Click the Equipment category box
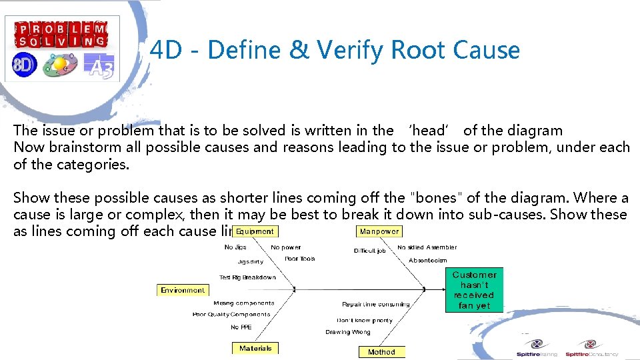(255, 231)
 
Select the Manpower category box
(379, 231)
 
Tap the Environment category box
(183, 290)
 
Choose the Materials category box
(255, 348)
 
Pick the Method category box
(381, 352)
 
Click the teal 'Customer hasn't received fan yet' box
(474, 290)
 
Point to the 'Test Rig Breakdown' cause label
(247, 277)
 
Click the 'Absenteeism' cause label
(428, 260)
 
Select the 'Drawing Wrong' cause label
(347, 332)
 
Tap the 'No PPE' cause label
(241, 327)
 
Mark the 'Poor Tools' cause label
(299, 259)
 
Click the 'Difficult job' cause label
(369, 251)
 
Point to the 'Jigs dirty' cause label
(250, 261)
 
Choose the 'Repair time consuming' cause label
(376, 304)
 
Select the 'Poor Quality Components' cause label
(231, 315)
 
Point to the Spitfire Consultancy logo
(591, 349)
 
